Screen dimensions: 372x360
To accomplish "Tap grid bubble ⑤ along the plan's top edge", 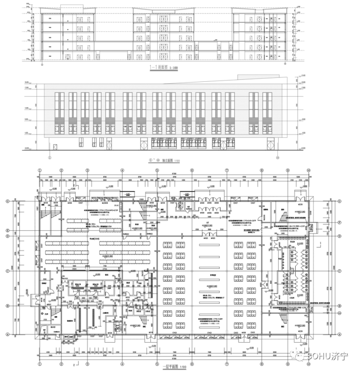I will coord(157,170).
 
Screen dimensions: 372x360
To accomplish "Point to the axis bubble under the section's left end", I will coord(43,63).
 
